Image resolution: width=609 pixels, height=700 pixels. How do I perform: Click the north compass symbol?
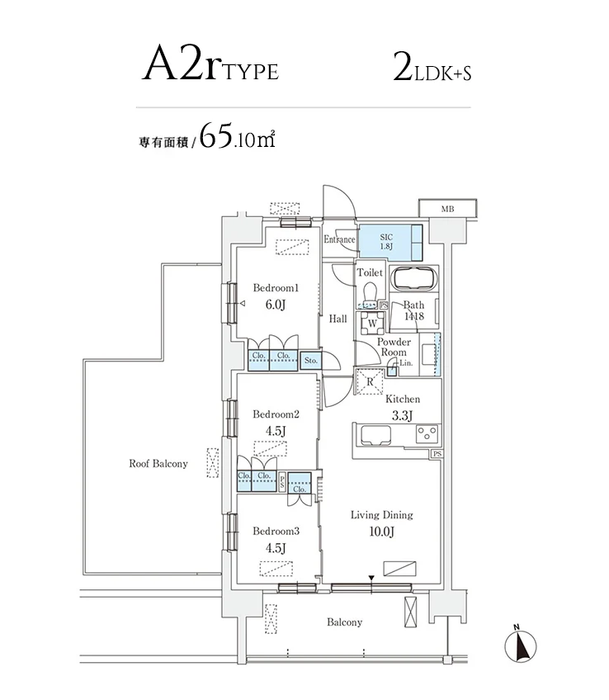(x=521, y=645)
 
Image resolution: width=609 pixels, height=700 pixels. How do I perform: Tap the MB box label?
(x=446, y=209)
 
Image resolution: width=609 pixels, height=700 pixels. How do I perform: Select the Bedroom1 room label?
(x=275, y=288)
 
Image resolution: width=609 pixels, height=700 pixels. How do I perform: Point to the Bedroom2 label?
(x=275, y=414)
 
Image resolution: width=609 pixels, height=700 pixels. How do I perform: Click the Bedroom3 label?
(x=275, y=531)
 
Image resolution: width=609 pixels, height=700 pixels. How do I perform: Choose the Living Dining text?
(x=381, y=515)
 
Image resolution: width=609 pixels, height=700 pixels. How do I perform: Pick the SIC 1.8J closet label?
(x=386, y=241)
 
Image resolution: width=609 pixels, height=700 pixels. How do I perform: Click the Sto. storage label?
(x=310, y=360)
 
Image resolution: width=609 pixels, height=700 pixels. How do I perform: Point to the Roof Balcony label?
(x=158, y=463)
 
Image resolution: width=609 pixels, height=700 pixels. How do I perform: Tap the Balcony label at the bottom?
(x=344, y=622)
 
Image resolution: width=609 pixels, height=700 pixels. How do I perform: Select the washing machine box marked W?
(x=372, y=323)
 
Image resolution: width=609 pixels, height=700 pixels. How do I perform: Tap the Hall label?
(x=338, y=319)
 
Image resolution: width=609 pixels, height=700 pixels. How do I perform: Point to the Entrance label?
(x=339, y=240)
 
